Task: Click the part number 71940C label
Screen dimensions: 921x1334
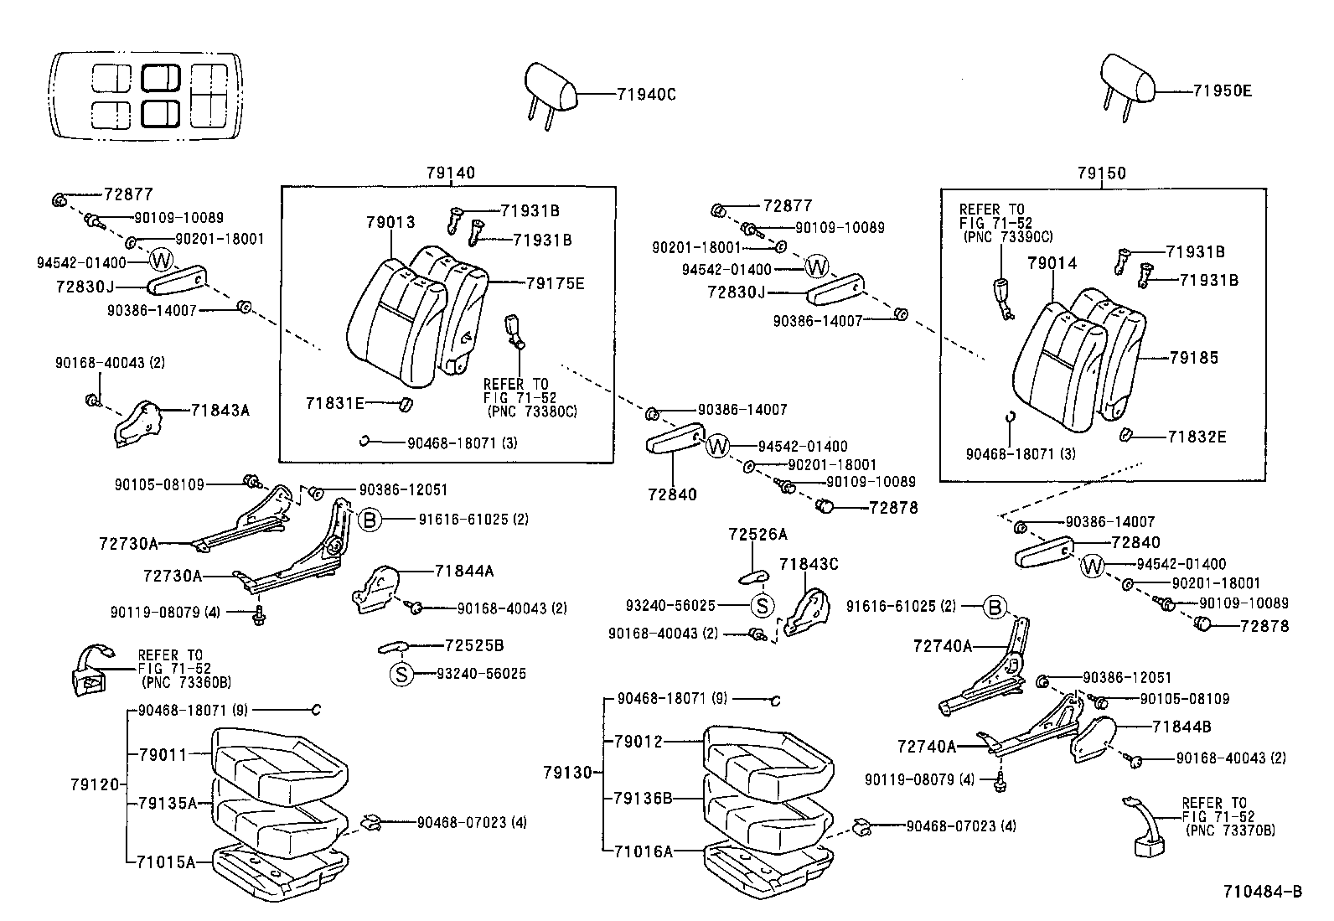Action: click(x=645, y=94)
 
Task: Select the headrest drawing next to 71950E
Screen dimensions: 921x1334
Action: click(x=1127, y=81)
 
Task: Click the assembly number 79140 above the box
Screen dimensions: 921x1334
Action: click(x=450, y=173)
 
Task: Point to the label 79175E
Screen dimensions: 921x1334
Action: click(x=555, y=283)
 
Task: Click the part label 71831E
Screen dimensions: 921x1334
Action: click(x=334, y=404)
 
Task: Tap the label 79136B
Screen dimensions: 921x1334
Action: click(x=644, y=797)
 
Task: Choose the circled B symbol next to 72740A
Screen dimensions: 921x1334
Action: click(x=994, y=607)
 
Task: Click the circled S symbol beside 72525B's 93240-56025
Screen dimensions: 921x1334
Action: click(x=401, y=674)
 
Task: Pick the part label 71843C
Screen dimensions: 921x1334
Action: click(x=809, y=564)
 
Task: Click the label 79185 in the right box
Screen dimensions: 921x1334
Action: click(x=1195, y=358)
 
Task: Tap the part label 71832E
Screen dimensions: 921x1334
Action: click(x=1197, y=437)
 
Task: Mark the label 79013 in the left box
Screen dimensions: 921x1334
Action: click(x=390, y=223)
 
